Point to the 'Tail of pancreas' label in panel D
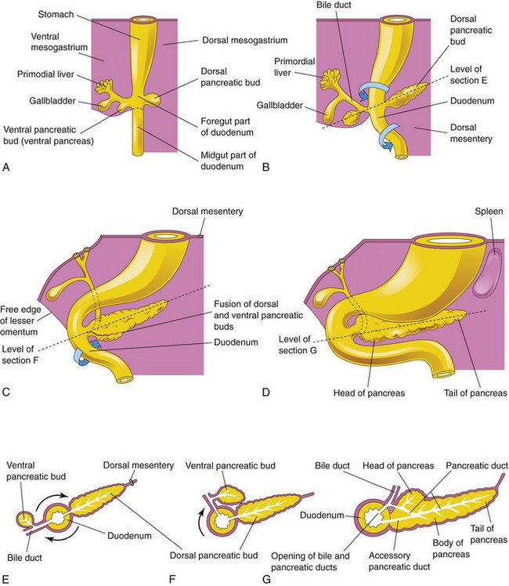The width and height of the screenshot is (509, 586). (x=475, y=392)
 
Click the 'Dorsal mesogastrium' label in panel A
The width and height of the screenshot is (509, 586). (x=220, y=44)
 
